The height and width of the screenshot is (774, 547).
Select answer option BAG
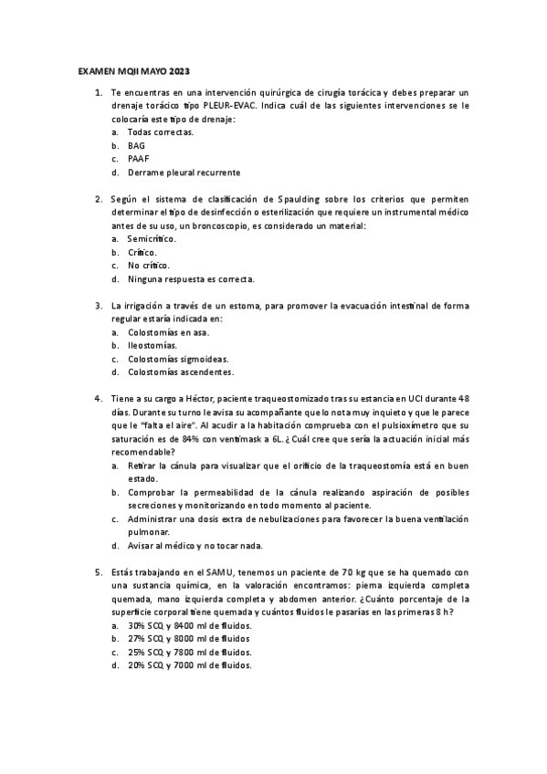[136, 145]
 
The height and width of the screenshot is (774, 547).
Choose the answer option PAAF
[138, 159]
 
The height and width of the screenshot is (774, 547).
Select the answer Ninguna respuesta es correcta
[191, 278]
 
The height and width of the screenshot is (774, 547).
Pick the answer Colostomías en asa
[166, 332]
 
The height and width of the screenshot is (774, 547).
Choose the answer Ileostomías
[153, 346]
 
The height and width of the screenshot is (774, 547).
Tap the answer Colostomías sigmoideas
[178, 359]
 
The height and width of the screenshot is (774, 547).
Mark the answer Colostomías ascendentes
[180, 372]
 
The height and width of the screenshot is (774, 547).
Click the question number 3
[98, 306]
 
